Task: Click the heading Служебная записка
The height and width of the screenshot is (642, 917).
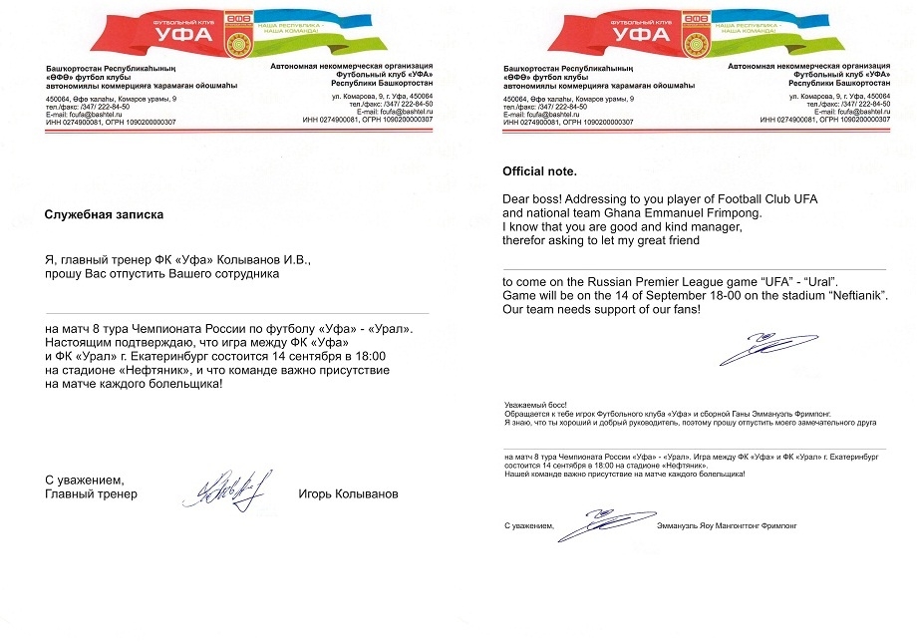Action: pyautogui.click(x=103, y=214)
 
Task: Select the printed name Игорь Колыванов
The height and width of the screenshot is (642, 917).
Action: pyautogui.click(x=348, y=494)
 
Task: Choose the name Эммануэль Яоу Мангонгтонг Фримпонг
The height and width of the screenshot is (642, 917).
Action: pyautogui.click(x=729, y=524)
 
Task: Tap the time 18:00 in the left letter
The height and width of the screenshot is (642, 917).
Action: pyautogui.click(x=368, y=356)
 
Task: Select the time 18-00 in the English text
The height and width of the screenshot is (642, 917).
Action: pyautogui.click(x=734, y=296)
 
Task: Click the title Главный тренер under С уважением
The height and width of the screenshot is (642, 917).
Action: pyautogui.click(x=91, y=494)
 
